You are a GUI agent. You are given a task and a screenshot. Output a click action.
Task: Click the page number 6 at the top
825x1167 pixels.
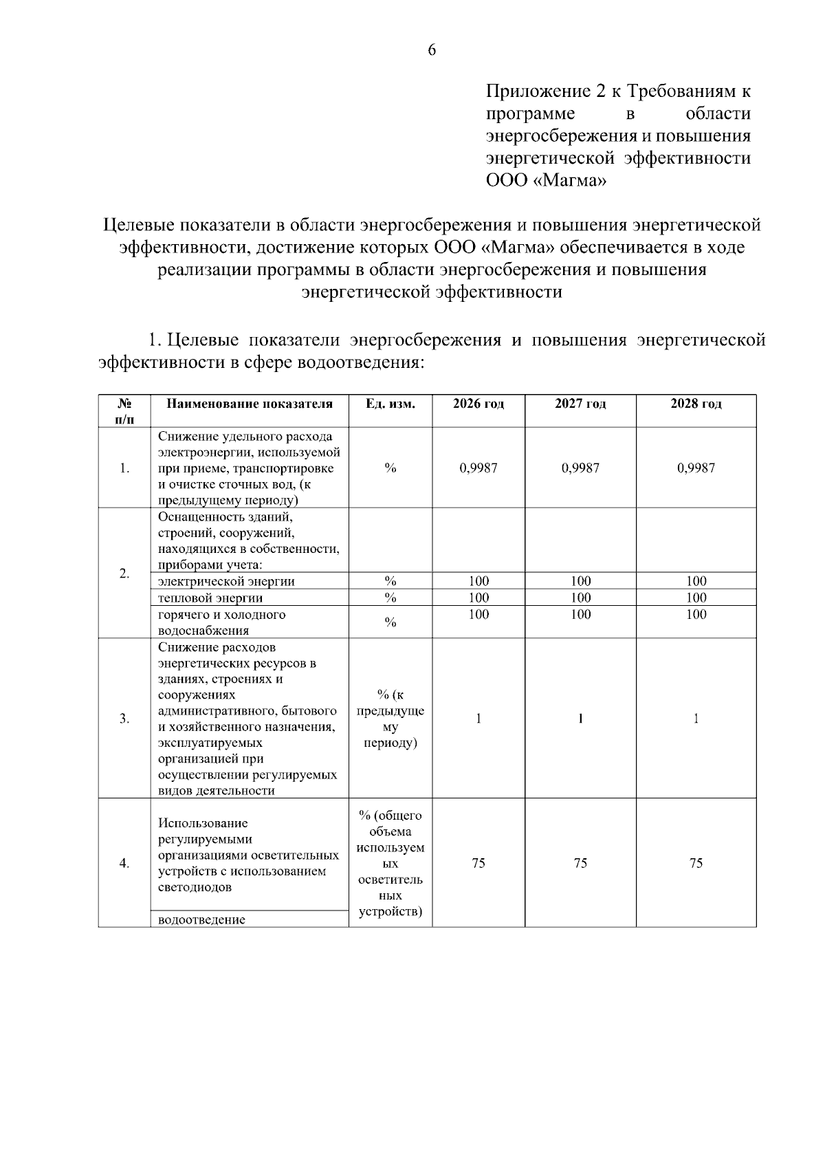click(432, 50)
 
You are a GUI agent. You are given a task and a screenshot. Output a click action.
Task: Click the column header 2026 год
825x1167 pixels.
click(478, 404)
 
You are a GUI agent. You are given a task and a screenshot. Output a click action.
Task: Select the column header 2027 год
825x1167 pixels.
click(580, 404)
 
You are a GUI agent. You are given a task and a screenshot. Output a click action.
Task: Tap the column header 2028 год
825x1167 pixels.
click(696, 404)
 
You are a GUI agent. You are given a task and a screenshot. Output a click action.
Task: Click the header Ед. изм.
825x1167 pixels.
click(390, 404)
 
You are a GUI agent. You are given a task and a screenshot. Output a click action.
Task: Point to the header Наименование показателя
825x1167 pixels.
click(250, 404)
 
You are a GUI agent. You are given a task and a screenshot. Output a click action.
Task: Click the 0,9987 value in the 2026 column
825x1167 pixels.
click(478, 468)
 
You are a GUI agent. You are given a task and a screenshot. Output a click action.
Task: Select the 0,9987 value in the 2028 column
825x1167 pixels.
click(696, 468)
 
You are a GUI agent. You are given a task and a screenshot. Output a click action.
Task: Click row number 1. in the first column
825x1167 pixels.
click(124, 468)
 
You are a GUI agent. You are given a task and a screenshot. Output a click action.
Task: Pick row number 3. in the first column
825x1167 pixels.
click(124, 719)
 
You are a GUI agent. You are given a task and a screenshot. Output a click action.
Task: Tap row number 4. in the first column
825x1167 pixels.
click(124, 863)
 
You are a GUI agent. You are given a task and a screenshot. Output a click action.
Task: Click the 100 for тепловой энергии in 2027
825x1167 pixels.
click(580, 598)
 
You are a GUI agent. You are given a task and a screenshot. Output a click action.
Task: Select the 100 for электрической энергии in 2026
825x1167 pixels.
click(478, 581)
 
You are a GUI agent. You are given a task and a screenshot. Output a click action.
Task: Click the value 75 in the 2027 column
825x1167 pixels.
click(580, 863)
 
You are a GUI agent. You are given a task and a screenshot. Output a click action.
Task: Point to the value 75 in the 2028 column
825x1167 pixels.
click(696, 863)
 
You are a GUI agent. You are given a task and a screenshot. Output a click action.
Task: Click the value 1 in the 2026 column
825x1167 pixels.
click(478, 719)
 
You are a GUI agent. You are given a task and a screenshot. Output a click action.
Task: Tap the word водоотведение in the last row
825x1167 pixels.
click(201, 919)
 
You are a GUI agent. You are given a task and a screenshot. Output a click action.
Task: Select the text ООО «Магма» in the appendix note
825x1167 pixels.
click(547, 182)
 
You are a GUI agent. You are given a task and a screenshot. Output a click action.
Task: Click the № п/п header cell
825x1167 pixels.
click(124, 411)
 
